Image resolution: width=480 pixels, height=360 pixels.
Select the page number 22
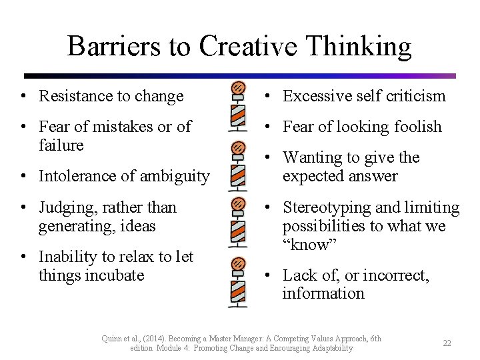[x=447, y=343]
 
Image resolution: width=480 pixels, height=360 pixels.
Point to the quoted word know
[x=311, y=245]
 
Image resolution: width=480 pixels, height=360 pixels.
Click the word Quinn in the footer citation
[x=113, y=339]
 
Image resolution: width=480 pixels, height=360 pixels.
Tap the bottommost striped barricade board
[x=237, y=291]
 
